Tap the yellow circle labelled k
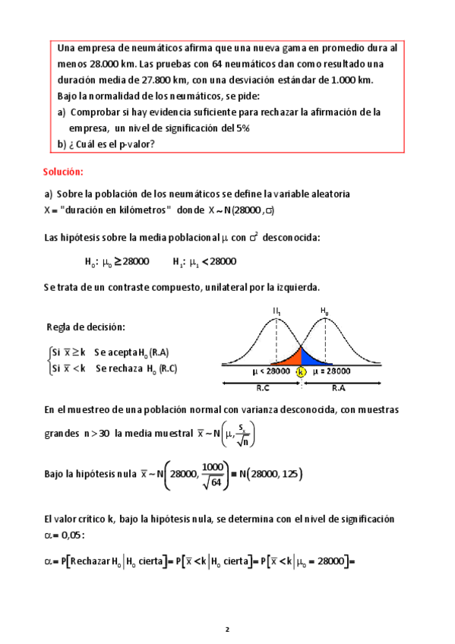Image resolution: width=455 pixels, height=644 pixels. click(301, 372)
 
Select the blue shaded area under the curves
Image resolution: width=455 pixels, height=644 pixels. click(310, 355)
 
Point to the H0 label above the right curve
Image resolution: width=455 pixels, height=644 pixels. click(324, 311)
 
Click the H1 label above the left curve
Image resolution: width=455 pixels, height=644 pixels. click(277, 311)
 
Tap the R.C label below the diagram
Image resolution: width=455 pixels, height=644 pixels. click(262, 387)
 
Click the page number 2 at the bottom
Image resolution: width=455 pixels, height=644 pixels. click(226, 630)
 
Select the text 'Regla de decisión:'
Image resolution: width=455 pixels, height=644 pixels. click(86, 327)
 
